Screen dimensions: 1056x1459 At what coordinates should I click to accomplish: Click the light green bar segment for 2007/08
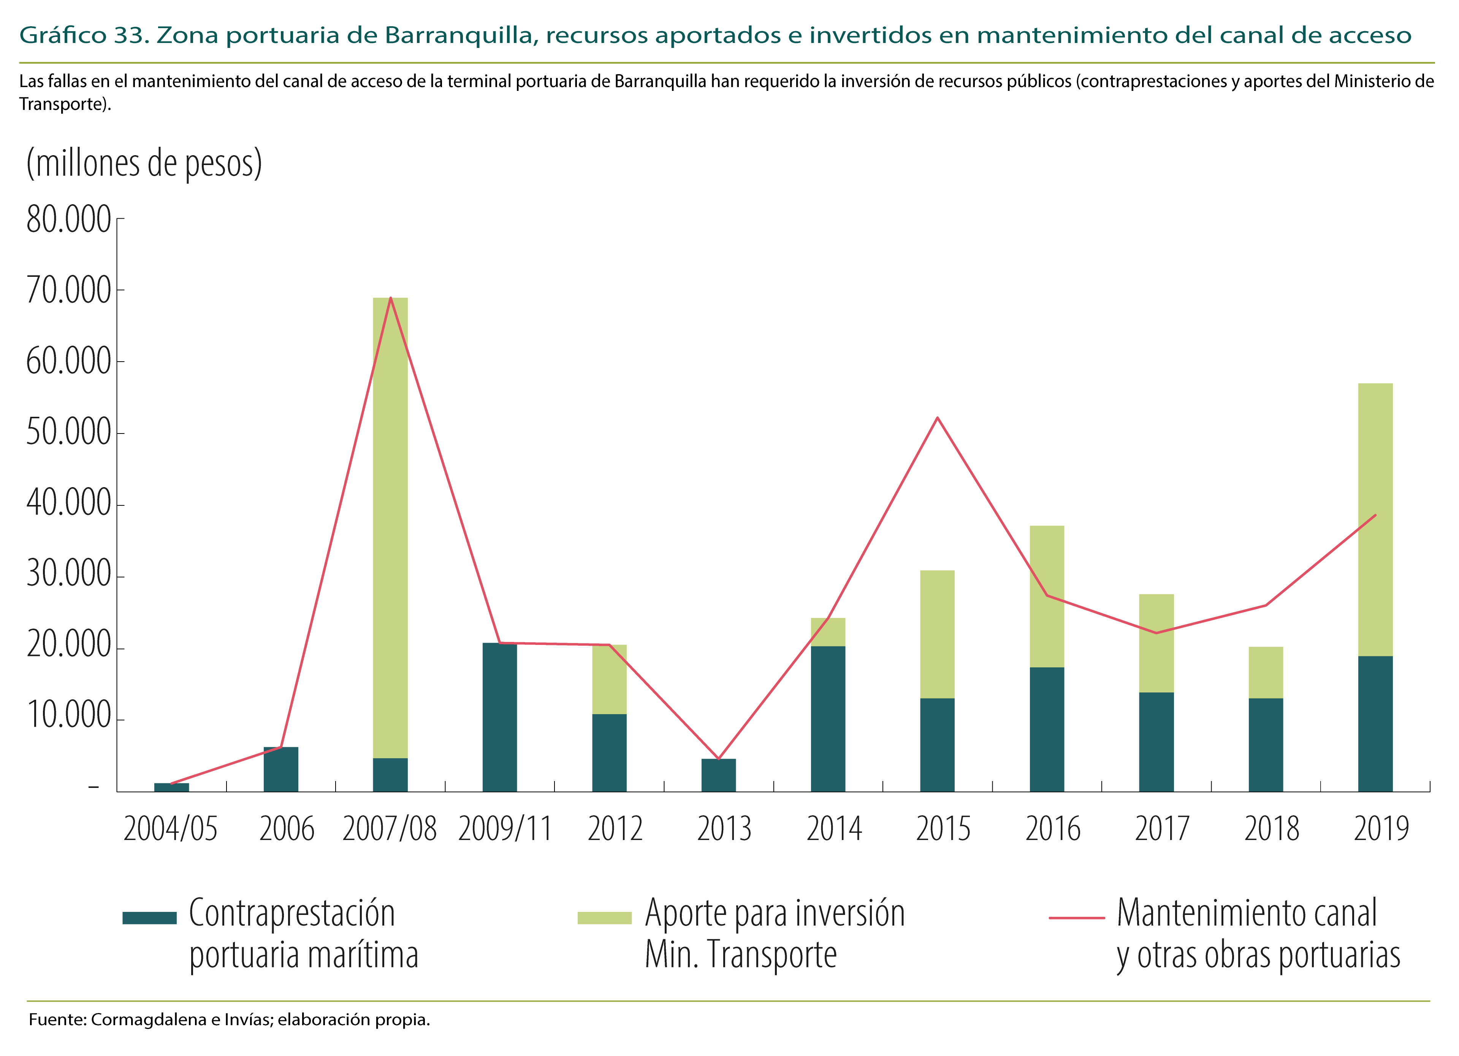click(390, 528)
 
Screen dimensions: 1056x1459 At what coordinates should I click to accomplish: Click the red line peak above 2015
click(937, 418)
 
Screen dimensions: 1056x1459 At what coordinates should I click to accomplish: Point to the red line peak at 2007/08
click(390, 299)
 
